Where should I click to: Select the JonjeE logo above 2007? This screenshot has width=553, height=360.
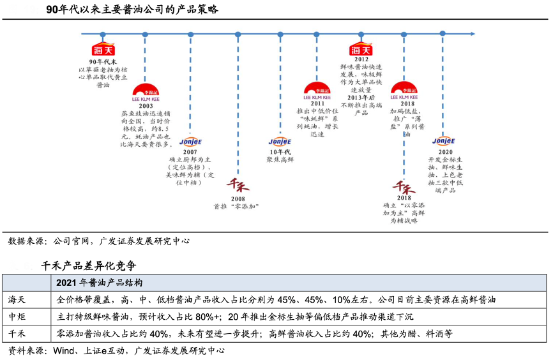click(190, 142)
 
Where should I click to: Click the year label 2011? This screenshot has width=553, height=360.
click(317, 103)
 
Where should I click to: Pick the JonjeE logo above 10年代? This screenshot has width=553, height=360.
click(280, 141)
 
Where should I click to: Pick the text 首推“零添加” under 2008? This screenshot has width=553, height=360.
click(238, 206)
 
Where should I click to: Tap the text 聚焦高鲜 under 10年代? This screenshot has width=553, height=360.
click(280, 160)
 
